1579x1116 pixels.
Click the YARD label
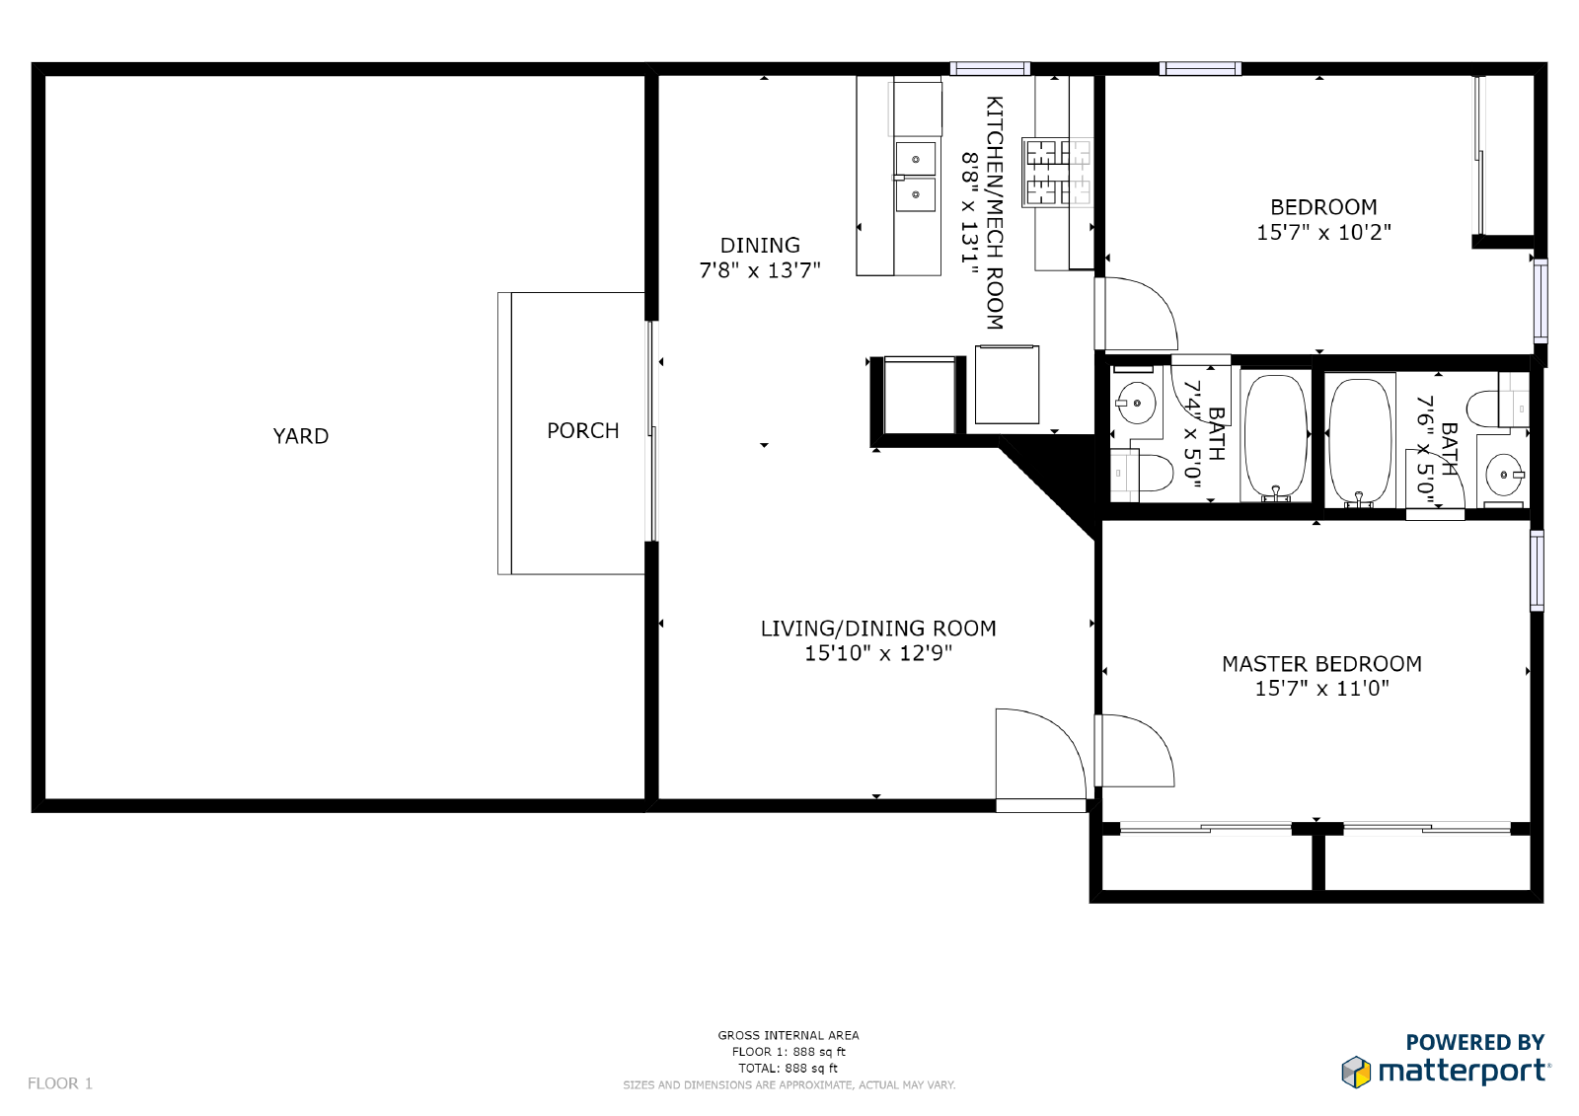pyautogui.click(x=301, y=436)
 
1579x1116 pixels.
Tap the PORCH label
pyautogui.click(x=582, y=431)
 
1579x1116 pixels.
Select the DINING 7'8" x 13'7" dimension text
pyautogui.click(x=760, y=270)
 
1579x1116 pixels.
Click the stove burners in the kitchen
pyautogui.click(x=1057, y=173)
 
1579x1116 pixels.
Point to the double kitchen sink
pyautogui.click(x=916, y=176)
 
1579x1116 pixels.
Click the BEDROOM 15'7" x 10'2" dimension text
pyautogui.click(x=1323, y=233)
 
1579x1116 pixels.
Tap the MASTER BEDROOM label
pyautogui.click(x=1321, y=664)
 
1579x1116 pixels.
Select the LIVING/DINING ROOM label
pyautogui.click(x=877, y=629)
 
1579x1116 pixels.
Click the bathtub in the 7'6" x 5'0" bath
pyautogui.click(x=1359, y=441)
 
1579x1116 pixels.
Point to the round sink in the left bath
pyautogui.click(x=1136, y=403)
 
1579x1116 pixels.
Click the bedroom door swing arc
pyautogui.click(x=1140, y=313)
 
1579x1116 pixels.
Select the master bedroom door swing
pyautogui.click(x=1137, y=750)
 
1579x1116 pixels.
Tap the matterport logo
pyautogui.click(x=1446, y=1070)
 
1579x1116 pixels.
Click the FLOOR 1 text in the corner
pyautogui.click(x=60, y=1083)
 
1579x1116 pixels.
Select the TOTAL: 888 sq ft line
pyautogui.click(x=788, y=1068)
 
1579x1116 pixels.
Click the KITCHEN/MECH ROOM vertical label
pyautogui.click(x=995, y=212)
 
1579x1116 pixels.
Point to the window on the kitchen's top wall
pyautogui.click(x=990, y=69)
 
